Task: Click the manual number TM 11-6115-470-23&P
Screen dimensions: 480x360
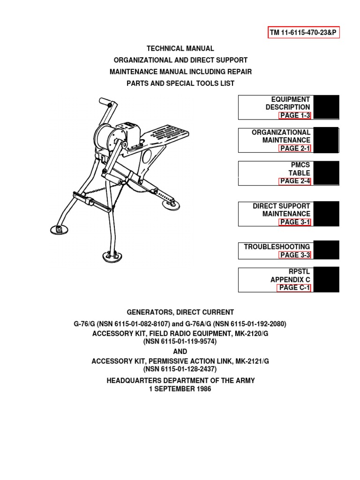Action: (303, 32)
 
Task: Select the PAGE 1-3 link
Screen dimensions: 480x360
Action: (295, 115)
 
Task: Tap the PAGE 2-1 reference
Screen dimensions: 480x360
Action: (295, 148)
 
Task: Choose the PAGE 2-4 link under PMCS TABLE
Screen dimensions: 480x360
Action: (295, 181)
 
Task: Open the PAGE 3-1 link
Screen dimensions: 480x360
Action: (295, 222)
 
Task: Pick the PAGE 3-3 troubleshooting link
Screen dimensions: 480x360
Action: (295, 255)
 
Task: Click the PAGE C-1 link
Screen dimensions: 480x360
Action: (294, 288)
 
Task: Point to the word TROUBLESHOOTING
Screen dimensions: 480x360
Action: (277, 247)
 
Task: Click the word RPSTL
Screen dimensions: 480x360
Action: (299, 271)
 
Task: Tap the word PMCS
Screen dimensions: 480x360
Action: (300, 165)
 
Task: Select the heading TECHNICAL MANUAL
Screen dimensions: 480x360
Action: (180, 48)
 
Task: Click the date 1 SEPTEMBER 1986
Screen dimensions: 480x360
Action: (180, 389)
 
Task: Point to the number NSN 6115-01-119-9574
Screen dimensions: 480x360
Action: (180, 342)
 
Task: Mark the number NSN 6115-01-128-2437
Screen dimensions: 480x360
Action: (180, 369)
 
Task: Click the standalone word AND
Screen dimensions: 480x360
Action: (180, 351)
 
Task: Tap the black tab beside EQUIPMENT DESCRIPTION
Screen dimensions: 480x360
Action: (326, 107)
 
